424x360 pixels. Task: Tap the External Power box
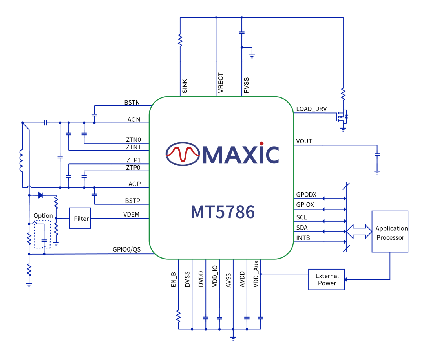327,279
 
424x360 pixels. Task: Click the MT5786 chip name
223,212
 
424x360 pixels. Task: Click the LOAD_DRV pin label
311,109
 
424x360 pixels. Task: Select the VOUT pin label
304,141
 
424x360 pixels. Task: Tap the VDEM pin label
131,215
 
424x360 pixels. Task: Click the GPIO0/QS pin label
126,250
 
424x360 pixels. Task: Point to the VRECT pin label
221,83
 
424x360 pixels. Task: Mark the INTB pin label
303,238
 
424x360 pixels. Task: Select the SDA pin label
302,228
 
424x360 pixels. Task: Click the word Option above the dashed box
43,216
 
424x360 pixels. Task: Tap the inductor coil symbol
22,161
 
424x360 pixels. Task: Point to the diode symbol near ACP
40,195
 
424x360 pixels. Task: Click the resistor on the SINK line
180,40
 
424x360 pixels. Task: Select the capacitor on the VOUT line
377,154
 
